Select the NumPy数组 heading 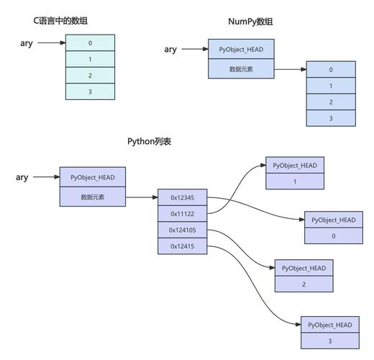pos(254,22)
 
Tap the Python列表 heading pos(150,142)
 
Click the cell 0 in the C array pos(90,42)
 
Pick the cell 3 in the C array pos(90,92)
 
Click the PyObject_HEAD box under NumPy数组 pos(240,50)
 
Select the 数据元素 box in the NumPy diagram pos(240,69)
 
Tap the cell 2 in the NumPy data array pos(331,102)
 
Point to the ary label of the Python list pos(22,177)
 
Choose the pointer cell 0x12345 pos(183,197)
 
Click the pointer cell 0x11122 pos(183,214)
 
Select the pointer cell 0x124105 pos(183,230)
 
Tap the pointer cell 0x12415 pos(183,247)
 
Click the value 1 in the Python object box pos(294,182)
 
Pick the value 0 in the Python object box pos(333,236)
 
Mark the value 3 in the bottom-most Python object pos(330,342)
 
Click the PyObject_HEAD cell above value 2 pos(304,268)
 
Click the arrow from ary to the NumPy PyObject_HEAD pos(194,50)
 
